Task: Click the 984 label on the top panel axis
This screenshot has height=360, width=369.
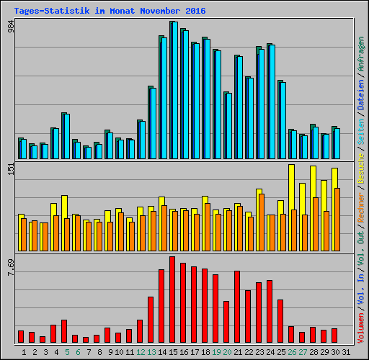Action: (x=10, y=26)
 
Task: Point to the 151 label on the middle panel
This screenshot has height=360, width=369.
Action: (x=10, y=169)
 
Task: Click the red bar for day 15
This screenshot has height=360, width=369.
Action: (x=172, y=299)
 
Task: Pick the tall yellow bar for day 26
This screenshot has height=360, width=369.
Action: (x=291, y=194)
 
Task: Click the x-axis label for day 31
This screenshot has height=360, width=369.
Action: (x=346, y=351)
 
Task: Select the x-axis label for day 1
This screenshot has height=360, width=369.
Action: (x=24, y=351)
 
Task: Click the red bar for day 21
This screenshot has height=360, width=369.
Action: (x=237, y=306)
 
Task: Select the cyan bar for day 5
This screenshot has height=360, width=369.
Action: (x=66, y=137)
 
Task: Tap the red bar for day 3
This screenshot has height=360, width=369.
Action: (x=43, y=339)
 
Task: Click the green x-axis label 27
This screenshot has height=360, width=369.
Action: (x=303, y=351)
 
